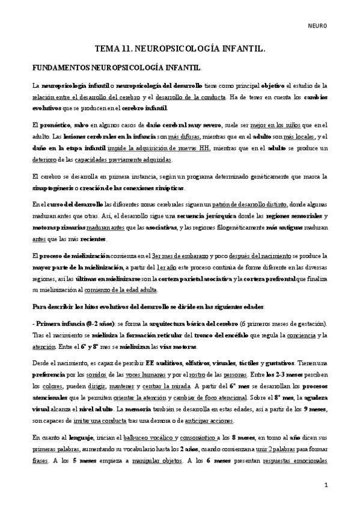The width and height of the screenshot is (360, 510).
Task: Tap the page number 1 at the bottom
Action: [x=326, y=485]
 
